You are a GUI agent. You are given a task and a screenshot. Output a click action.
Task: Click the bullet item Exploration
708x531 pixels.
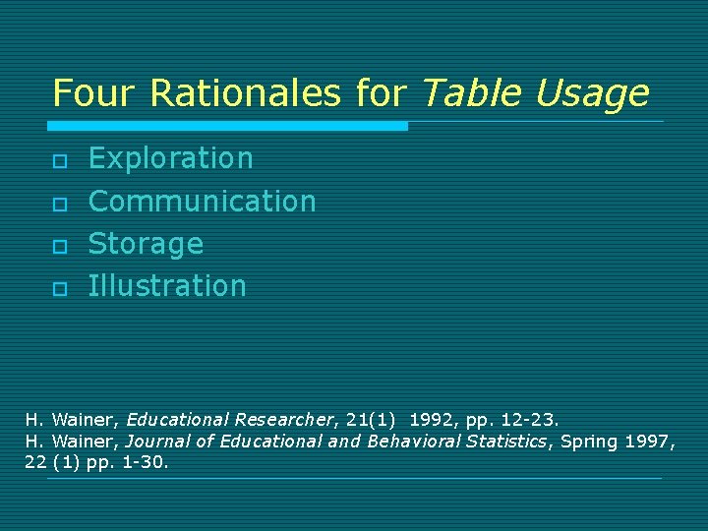click(x=170, y=158)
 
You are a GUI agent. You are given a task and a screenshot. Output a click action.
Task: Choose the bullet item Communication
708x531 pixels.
click(x=202, y=201)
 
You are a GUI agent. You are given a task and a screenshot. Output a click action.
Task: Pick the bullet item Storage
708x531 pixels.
click(x=146, y=243)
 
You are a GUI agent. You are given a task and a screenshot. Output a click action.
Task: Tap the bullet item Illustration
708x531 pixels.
click(x=167, y=285)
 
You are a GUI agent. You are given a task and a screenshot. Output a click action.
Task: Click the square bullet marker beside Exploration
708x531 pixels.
click(x=59, y=160)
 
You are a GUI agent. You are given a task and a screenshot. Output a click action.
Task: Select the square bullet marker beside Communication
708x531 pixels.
click(x=59, y=203)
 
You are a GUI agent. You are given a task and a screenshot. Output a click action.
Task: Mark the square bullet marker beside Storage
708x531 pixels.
click(x=59, y=245)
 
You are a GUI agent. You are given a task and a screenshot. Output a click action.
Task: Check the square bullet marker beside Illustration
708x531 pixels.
click(x=59, y=287)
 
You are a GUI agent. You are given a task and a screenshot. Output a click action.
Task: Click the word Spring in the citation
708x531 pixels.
click(x=588, y=441)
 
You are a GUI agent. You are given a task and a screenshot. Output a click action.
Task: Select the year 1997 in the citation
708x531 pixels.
click(x=649, y=441)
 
